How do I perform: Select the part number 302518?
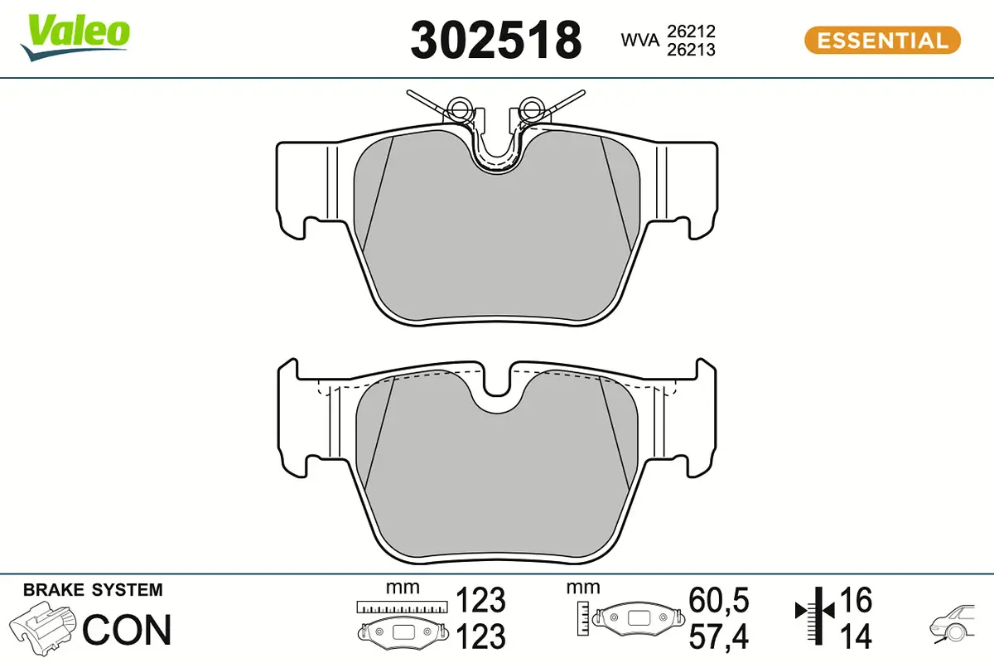495,40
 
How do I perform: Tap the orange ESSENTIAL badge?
882,40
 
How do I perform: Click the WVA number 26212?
691,31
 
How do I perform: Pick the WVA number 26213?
691,50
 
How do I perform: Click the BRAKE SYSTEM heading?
93,590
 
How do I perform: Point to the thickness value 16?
856,599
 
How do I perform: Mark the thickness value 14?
856,636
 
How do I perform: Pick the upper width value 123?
481,599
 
